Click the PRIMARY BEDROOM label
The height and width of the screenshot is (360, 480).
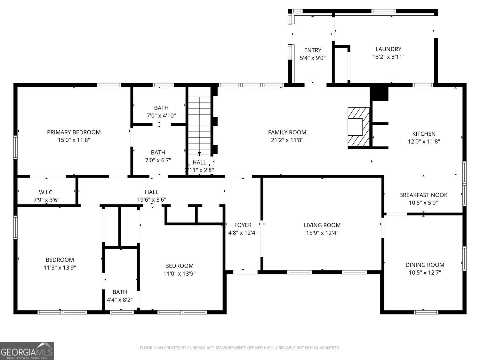(74, 132)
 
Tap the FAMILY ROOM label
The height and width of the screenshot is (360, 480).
(287, 132)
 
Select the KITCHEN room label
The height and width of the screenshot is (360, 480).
(424, 134)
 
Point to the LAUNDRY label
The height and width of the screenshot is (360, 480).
(388, 49)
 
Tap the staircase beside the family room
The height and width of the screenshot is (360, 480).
(199, 125)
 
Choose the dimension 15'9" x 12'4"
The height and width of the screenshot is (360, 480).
(322, 233)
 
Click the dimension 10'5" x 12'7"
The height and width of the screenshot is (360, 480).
(425, 273)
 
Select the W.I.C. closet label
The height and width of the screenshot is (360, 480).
(46, 192)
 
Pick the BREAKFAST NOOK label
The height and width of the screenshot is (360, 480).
(423, 195)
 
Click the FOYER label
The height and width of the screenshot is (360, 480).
(243, 225)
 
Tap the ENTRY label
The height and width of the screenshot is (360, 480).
(313, 50)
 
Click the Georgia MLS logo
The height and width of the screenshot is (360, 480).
(27, 351)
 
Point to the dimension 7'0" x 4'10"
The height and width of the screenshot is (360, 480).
(161, 116)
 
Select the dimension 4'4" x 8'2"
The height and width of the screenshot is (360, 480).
(119, 300)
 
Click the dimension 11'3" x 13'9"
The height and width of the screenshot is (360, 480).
(60, 268)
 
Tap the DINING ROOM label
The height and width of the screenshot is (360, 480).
(425, 265)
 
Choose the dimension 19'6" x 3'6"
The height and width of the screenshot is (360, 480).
(151, 200)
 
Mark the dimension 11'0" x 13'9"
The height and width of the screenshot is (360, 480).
(179, 274)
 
